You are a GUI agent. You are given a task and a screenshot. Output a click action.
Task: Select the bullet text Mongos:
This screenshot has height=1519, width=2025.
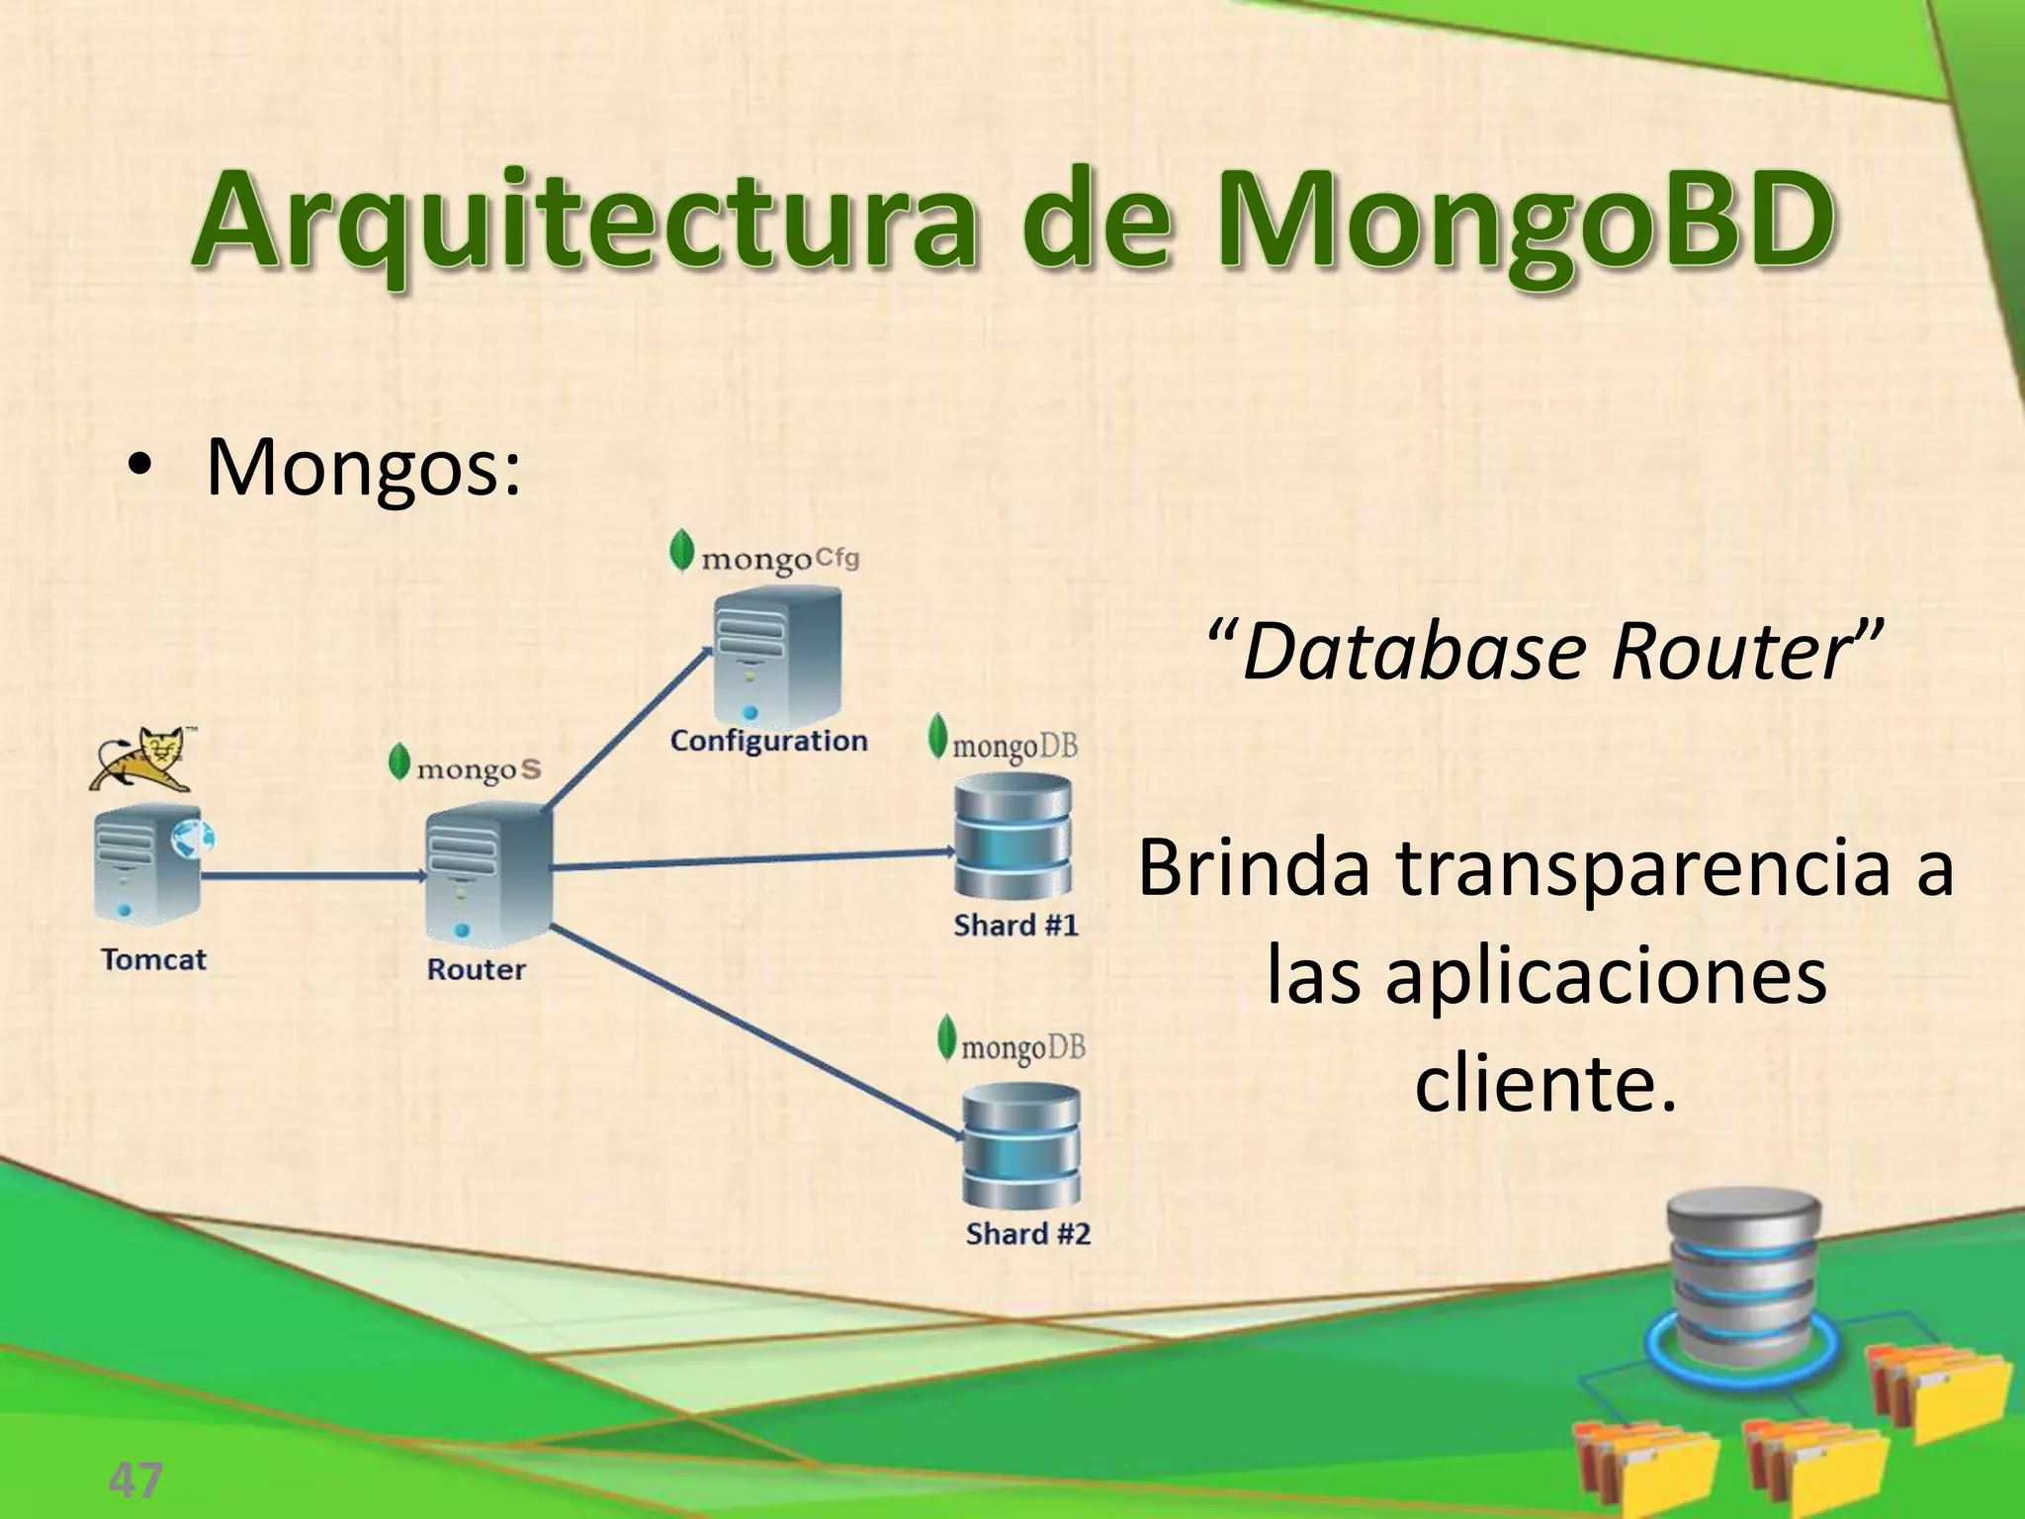click(362, 467)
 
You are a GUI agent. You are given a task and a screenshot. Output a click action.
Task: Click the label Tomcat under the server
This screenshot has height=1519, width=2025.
click(154, 959)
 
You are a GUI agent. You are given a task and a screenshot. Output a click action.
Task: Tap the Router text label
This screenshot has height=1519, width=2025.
click(476, 969)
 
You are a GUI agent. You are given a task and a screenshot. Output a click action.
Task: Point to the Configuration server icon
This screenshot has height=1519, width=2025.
click(777, 657)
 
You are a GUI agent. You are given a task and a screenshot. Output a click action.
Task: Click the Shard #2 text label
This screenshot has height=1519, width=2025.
click(1028, 1234)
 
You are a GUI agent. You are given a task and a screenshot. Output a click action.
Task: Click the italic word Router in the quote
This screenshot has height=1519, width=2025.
click(1725, 653)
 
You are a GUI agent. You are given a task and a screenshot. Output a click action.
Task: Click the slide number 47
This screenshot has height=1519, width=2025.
click(135, 1480)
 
